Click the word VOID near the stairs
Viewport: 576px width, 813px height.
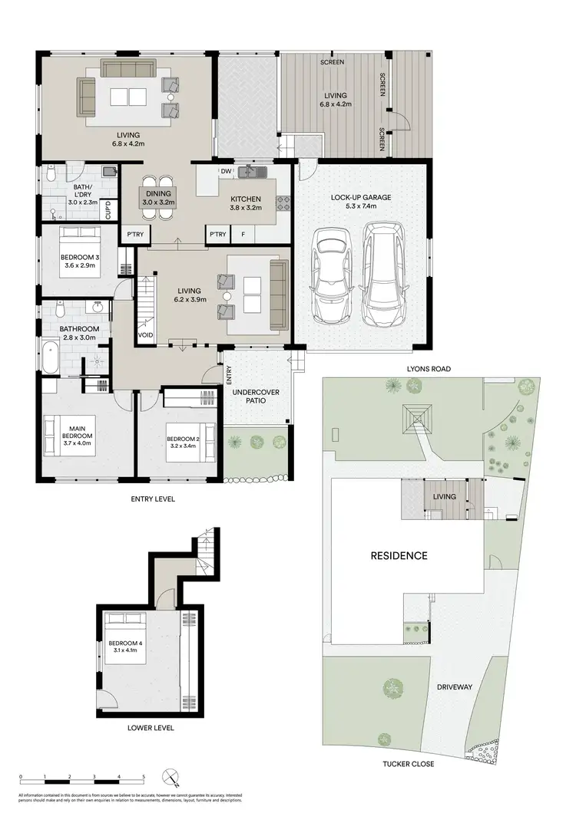click(144, 335)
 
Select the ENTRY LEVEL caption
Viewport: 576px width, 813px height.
click(151, 499)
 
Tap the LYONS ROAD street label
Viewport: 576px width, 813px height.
click(429, 369)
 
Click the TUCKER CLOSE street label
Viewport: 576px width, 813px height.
click(408, 764)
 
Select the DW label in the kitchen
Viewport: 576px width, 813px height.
click(227, 171)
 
